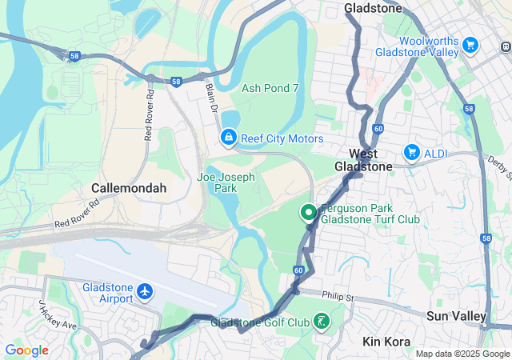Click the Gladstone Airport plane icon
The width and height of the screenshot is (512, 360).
pyautogui.click(x=145, y=293)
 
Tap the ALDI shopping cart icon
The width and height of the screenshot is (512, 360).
pyautogui.click(x=412, y=151)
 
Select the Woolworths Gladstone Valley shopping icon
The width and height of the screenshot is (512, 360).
pyautogui.click(x=470, y=46)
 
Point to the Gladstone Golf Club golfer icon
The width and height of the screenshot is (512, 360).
pyautogui.click(x=321, y=322)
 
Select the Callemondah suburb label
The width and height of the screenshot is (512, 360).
pyautogui.click(x=129, y=188)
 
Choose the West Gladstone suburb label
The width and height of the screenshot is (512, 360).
pyautogui.click(x=370, y=160)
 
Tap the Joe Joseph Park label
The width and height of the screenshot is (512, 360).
pyautogui.click(x=226, y=182)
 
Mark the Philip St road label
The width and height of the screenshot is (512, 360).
pyautogui.click(x=338, y=296)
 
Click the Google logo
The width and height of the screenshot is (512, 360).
pyautogui.click(x=26, y=350)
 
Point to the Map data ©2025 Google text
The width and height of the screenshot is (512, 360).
pyautogui.click(x=462, y=354)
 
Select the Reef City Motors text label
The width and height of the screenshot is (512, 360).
pyautogui.click(x=283, y=139)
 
